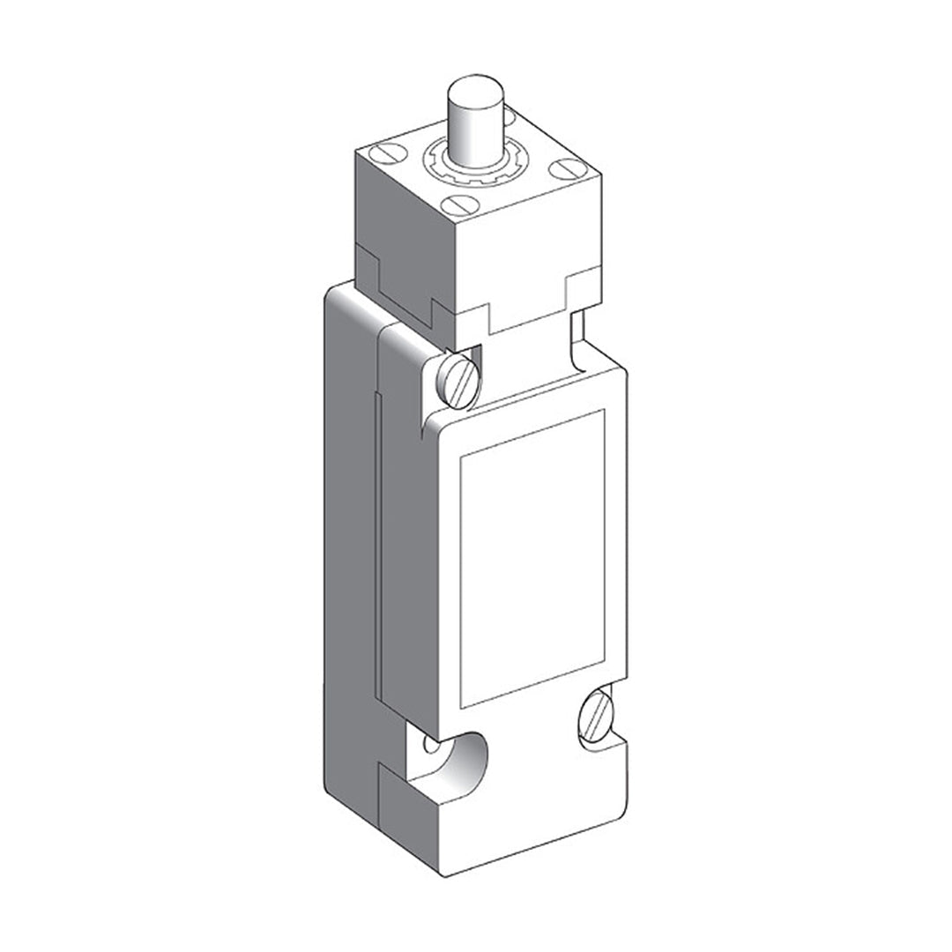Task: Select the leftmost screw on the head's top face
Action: pyautogui.click(x=390, y=156)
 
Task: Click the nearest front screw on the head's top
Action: pyautogui.click(x=459, y=205)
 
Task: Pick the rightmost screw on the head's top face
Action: pyautogui.click(x=562, y=168)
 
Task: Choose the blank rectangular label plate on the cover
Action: pyautogui.click(x=532, y=557)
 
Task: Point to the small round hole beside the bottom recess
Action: pyautogui.click(x=430, y=746)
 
